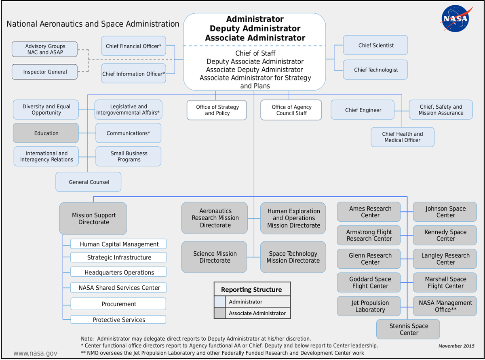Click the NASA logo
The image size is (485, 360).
pos(455,19)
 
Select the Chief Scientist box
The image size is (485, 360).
pos(375,45)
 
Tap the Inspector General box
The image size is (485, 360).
pos(44,72)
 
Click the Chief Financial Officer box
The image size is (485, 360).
pos(133,46)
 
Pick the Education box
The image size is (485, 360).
pos(46,133)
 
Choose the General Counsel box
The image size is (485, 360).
pos(89,182)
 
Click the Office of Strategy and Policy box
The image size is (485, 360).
pos(217,110)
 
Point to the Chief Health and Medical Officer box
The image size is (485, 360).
pos(403,137)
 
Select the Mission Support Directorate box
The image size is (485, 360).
pos(93,219)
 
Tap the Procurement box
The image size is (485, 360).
pos(118,304)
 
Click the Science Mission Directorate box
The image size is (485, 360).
pos(214,257)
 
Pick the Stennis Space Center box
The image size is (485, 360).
pos(408,329)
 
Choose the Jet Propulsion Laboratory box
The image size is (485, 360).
pos(369,306)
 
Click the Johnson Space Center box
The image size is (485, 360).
pos(445,212)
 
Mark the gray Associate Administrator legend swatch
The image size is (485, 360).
pos(219,313)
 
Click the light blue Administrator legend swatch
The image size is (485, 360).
pos(219,302)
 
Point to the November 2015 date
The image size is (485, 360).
pos(456,346)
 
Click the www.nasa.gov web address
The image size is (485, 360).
pos(35,353)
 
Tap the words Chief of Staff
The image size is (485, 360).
pos(255,53)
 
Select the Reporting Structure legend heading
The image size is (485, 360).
pos(251,290)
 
